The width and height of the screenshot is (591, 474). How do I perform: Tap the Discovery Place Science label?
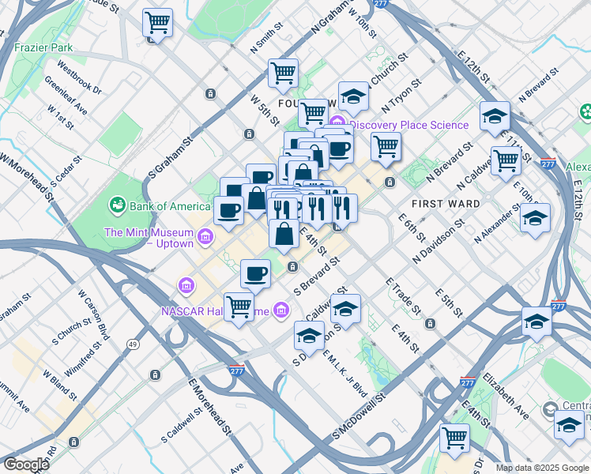408,125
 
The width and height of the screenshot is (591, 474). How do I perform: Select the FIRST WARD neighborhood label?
446,204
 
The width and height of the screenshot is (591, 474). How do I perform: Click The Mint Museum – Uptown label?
149,238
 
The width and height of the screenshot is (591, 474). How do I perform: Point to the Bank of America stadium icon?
118,206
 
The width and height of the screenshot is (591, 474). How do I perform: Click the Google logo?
26,465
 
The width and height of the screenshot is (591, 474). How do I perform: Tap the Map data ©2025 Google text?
541,468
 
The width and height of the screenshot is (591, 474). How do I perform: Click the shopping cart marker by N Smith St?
283,74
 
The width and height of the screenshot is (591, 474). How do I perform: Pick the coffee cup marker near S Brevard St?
254,274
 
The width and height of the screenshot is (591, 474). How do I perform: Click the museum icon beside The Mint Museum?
205,236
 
